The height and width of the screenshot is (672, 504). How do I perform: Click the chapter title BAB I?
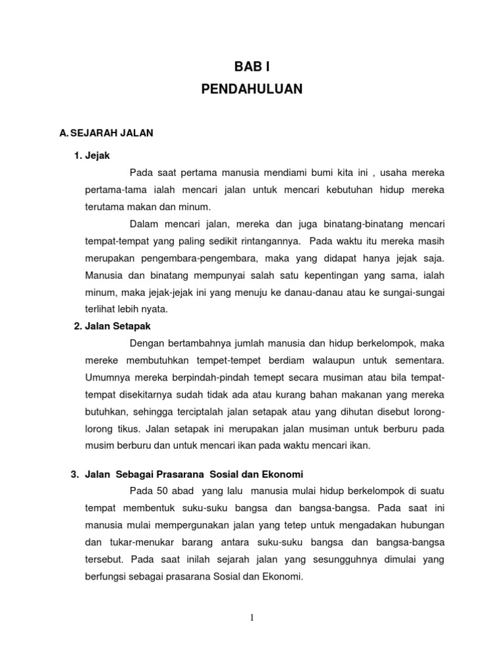[252, 66]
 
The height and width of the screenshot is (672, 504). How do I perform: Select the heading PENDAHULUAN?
[252, 89]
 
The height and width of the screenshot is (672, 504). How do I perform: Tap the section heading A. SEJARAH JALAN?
[106, 133]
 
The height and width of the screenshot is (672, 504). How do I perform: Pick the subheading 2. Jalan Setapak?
[117, 326]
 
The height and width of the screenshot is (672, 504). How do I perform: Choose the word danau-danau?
[314, 292]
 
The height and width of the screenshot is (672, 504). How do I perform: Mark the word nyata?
[156, 309]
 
